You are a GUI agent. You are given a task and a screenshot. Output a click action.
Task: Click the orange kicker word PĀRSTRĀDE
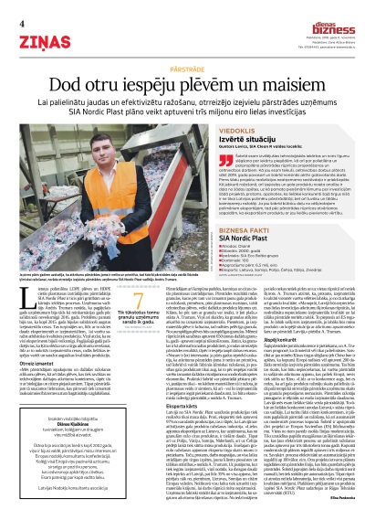point(182,69)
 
